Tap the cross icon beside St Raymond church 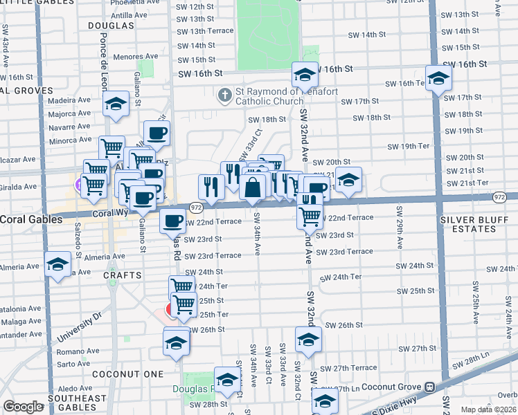pos(224,93)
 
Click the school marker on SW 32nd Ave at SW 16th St pos(304,75)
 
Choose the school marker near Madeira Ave pos(116,104)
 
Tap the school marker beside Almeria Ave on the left pos(57,264)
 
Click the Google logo pos(23,407)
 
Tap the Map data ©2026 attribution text pos(488,409)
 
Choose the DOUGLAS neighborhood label pos(111,25)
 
